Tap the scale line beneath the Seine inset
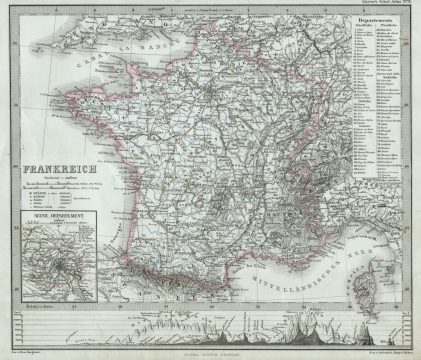tap(67, 292)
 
